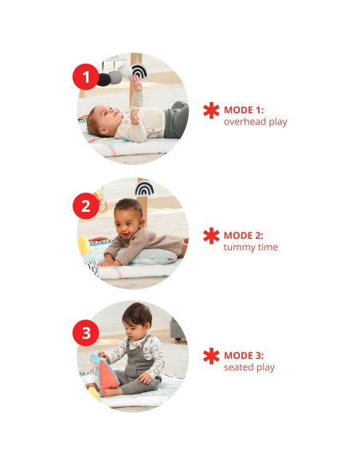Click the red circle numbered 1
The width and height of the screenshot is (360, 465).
(x=85, y=77)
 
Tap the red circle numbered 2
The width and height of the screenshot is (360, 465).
(x=85, y=206)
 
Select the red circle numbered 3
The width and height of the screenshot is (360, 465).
(x=85, y=330)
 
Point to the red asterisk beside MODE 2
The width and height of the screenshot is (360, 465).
(x=211, y=235)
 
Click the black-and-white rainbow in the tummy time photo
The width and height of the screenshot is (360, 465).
(x=144, y=189)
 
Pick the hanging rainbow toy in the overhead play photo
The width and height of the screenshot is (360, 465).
(x=139, y=72)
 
